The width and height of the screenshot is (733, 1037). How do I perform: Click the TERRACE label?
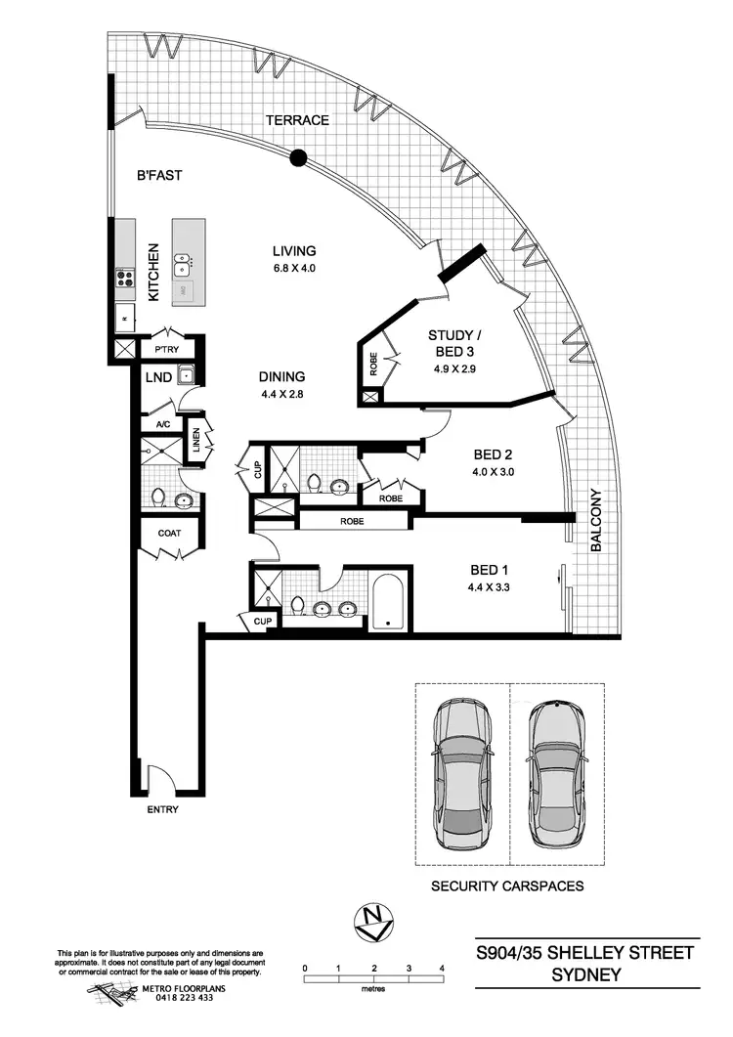pos(298,120)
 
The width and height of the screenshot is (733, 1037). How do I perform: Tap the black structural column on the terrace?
pos(299,156)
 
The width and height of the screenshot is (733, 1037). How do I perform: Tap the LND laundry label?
pos(159,376)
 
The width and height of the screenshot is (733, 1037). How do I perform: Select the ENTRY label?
pos(162,810)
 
